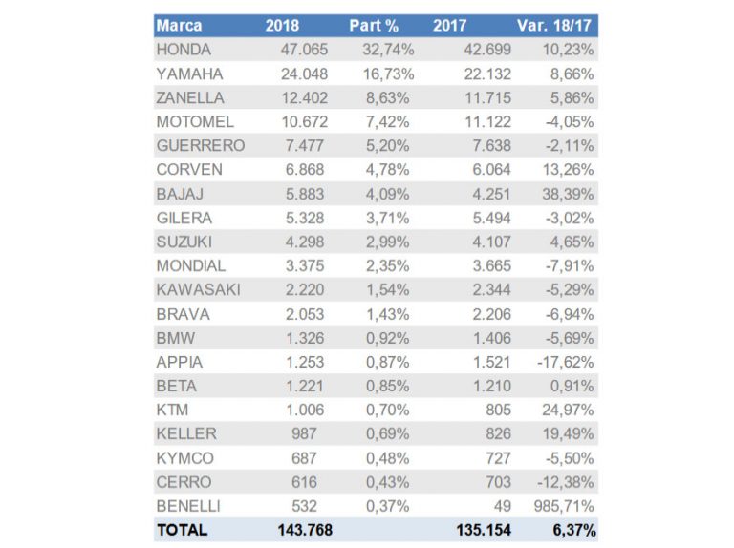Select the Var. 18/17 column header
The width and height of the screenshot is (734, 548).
557,25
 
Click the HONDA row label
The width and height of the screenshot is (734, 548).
183,49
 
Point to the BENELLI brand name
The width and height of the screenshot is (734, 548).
189,506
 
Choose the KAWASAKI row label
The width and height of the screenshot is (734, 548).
198,289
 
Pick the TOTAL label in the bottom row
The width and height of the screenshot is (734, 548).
183,530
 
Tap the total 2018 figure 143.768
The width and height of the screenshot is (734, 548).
303,530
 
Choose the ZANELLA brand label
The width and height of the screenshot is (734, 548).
191,97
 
